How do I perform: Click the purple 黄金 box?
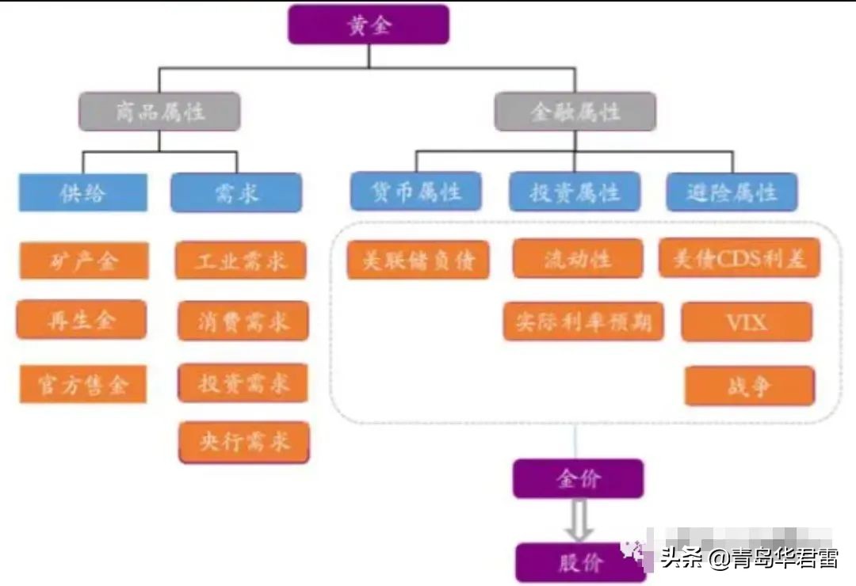coord(369,25)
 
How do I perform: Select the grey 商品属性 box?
coord(159,112)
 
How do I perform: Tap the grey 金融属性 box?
coord(575,112)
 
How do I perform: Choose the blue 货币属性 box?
coord(416,192)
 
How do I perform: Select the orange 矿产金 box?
coord(83,261)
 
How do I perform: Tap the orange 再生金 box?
coord(82,320)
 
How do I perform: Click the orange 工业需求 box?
coord(241,261)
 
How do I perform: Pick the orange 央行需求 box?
coord(244,442)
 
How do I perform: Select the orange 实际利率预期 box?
coord(583,321)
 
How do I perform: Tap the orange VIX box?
coord(747,322)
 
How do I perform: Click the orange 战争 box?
coord(749,386)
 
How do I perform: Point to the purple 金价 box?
coord(578,478)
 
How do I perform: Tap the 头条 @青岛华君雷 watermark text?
coord(749,559)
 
